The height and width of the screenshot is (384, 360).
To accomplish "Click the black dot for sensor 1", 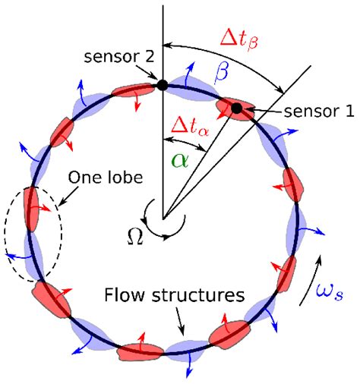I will coord(237,109).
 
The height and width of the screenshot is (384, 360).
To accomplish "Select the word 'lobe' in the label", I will coord(113,175).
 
